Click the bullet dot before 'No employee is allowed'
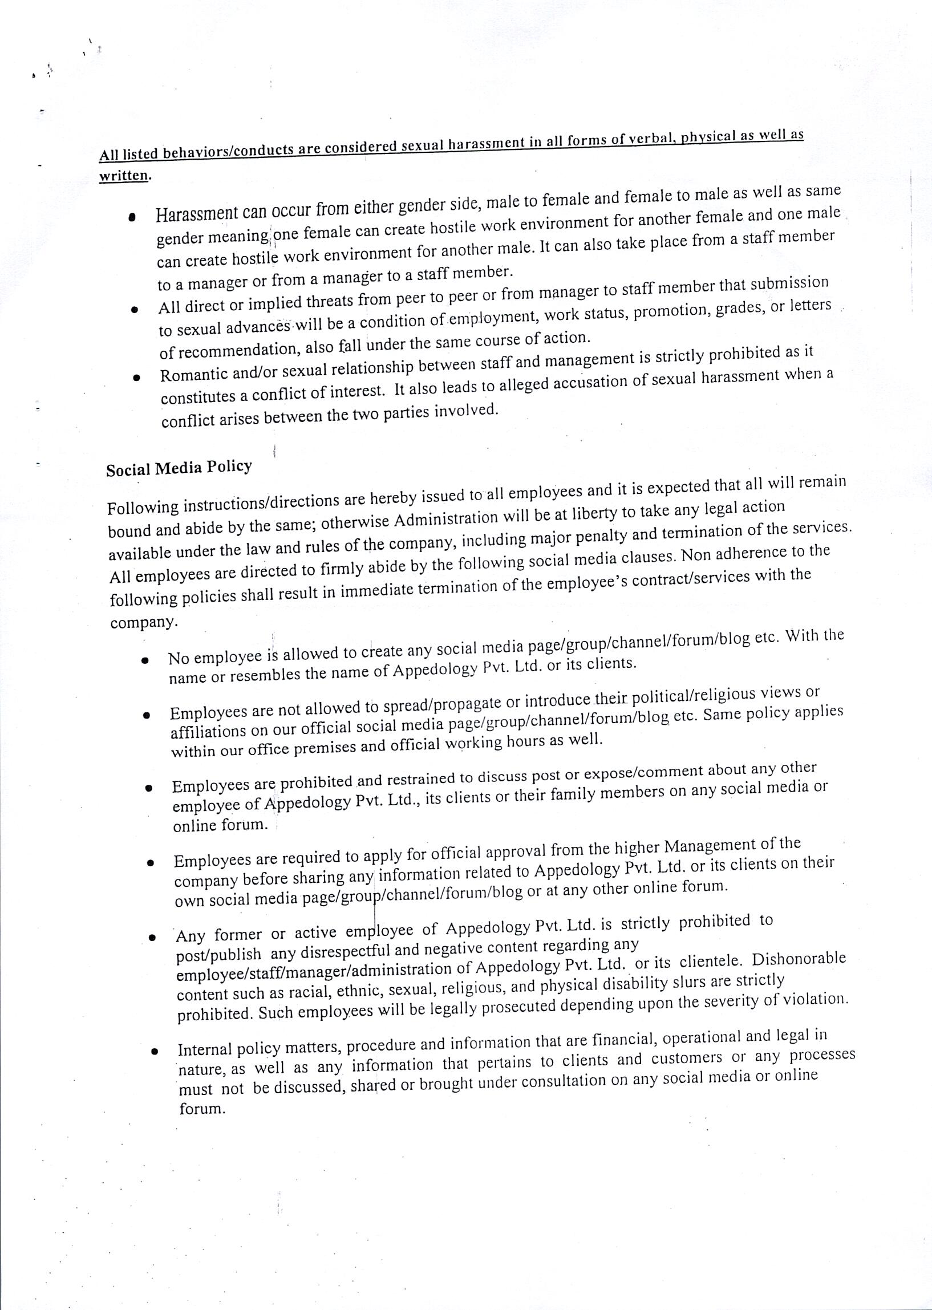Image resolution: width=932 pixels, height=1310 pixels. coord(146,660)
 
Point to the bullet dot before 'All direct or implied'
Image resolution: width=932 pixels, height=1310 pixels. coord(134,310)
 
